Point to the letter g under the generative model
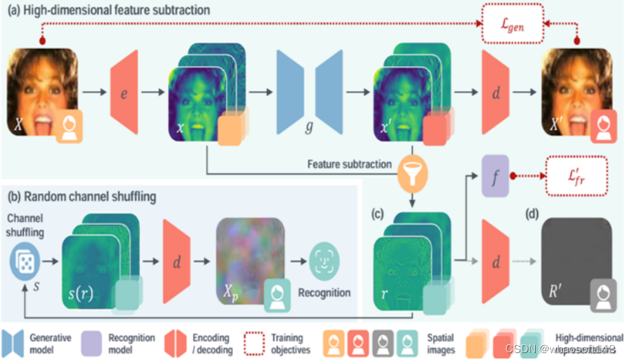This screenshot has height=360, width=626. coord(310,128)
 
